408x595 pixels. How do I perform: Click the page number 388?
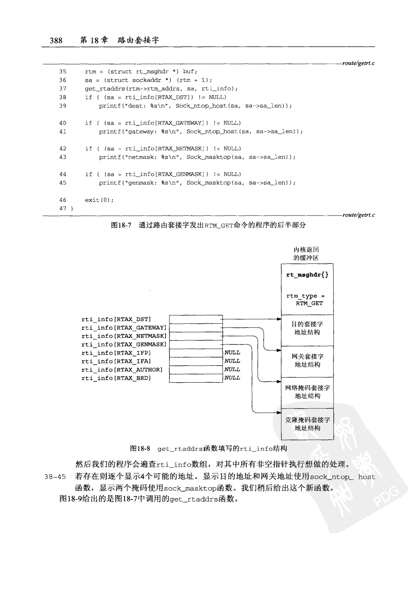point(56,40)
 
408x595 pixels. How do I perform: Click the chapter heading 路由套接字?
point(138,40)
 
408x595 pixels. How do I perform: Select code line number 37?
point(62,89)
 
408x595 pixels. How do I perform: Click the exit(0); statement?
point(99,200)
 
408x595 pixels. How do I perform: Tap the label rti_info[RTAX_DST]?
point(116,320)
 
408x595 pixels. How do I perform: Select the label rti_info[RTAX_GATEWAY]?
point(124,328)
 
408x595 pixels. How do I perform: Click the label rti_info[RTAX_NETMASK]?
point(124,336)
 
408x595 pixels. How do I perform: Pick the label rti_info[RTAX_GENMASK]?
point(124,344)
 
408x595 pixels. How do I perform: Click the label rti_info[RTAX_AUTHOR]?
point(122,370)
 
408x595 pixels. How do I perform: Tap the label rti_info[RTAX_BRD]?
point(116,378)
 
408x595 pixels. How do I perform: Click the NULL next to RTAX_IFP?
point(232,353)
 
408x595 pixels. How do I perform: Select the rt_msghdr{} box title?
point(307,275)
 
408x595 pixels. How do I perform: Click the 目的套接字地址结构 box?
point(307,328)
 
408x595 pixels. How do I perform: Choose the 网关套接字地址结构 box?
point(307,361)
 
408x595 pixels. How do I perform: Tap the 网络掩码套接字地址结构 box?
point(307,392)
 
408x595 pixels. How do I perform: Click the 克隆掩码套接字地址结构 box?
point(307,424)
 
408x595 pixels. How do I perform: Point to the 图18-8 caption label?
point(140,449)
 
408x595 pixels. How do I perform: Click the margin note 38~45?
point(55,477)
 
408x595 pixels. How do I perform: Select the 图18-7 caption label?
point(121,225)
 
